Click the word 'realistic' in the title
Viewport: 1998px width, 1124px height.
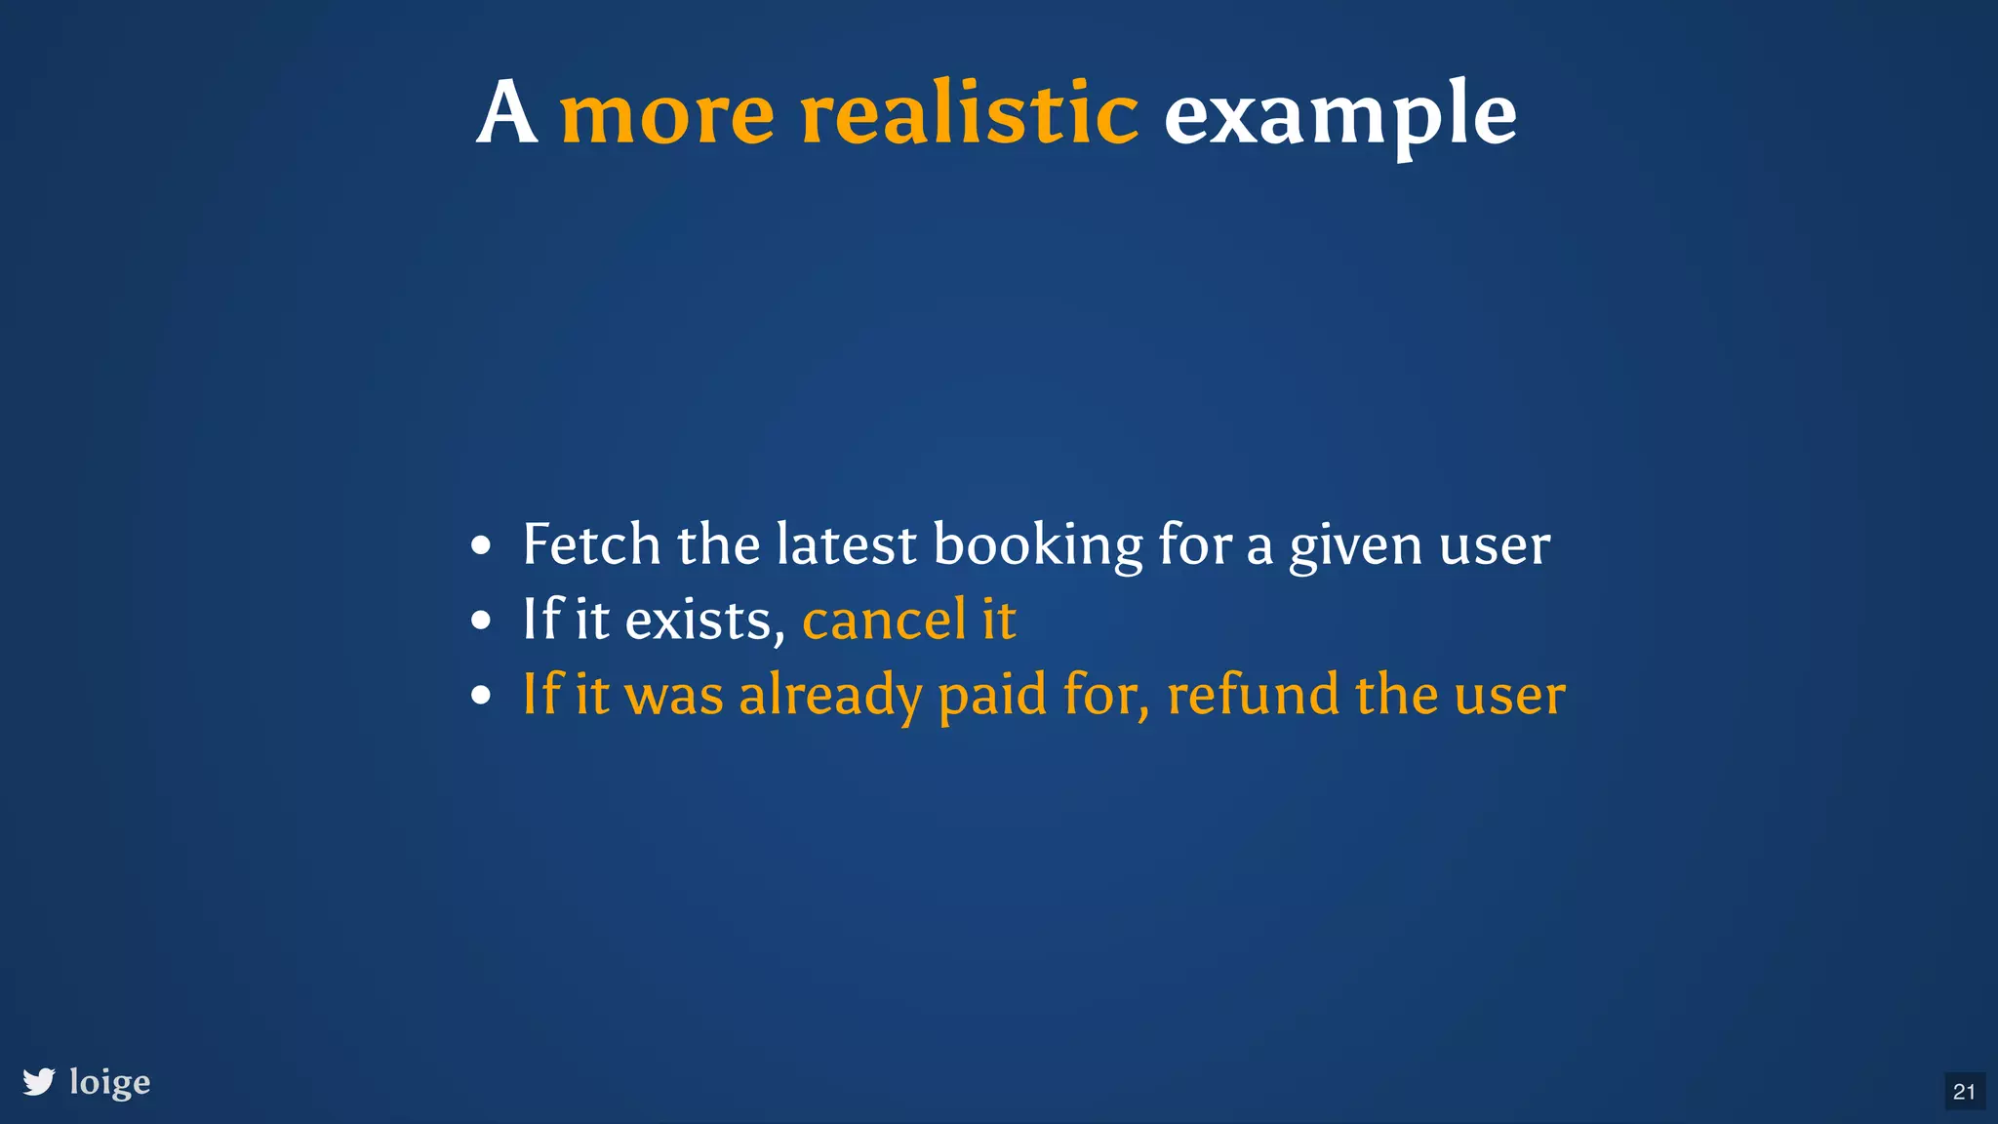pyautogui.click(x=969, y=114)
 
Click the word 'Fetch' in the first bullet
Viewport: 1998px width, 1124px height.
pyautogui.click(x=591, y=543)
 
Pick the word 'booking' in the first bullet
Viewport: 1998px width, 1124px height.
pyautogui.click(x=1038, y=545)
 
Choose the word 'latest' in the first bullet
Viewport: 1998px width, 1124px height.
pyautogui.click(x=846, y=543)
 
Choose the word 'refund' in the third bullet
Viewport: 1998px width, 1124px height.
pyautogui.click(x=1253, y=695)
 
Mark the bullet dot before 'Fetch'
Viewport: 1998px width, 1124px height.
pyautogui.click(x=480, y=545)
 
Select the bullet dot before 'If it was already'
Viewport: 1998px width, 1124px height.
pyautogui.click(x=480, y=696)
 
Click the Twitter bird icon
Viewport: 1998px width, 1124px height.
pyautogui.click(x=39, y=1082)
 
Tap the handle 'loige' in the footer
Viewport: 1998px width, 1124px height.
pyautogui.click(x=110, y=1083)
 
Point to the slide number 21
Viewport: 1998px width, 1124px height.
pyautogui.click(x=1964, y=1092)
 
